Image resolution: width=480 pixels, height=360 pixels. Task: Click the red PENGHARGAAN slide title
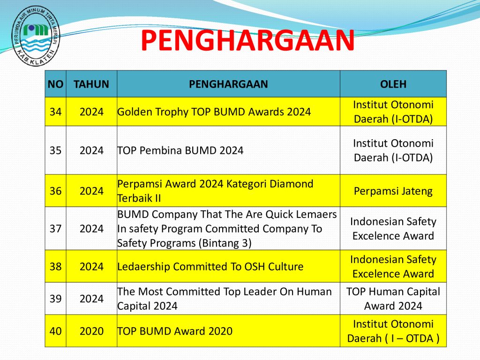[247, 40]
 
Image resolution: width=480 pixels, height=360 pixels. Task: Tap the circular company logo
[36, 36]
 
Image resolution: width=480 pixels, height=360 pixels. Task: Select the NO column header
[55, 84]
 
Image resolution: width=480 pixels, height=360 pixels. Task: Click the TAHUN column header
[91, 84]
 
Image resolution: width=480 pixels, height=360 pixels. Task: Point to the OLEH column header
[393, 84]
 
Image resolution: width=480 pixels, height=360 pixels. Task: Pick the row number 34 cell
[55, 112]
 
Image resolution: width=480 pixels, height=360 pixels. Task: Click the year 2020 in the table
[91, 331]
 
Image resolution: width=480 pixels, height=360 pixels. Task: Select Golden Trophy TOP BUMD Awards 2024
[214, 112]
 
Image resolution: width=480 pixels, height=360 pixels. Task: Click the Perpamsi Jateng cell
[393, 191]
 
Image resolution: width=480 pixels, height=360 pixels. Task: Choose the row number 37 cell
[55, 229]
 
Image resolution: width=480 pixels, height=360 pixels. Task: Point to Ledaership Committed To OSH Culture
[210, 267]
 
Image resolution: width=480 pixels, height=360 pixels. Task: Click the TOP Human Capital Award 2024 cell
[393, 299]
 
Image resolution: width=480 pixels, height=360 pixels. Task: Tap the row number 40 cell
[55, 331]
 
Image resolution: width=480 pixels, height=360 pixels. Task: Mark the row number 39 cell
[55, 299]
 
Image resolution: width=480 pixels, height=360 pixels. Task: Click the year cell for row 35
[91, 150]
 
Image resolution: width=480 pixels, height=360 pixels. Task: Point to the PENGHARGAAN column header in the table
[228, 84]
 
